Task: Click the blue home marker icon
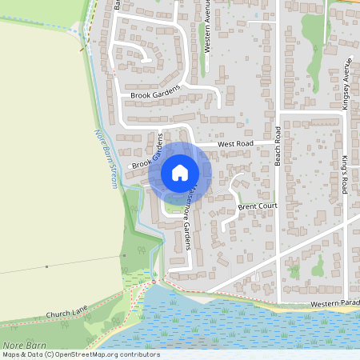(180, 172)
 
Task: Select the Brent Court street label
(257, 207)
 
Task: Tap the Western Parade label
(334, 305)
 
